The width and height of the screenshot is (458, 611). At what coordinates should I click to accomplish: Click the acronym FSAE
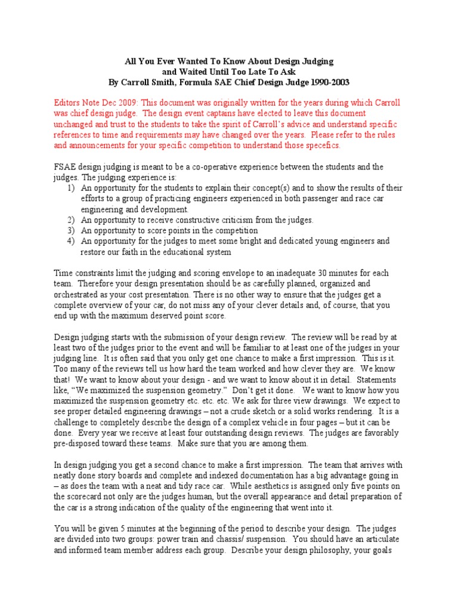pyautogui.click(x=65, y=167)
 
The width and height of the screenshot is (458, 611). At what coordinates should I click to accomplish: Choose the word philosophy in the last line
pyautogui.click(x=338, y=550)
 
